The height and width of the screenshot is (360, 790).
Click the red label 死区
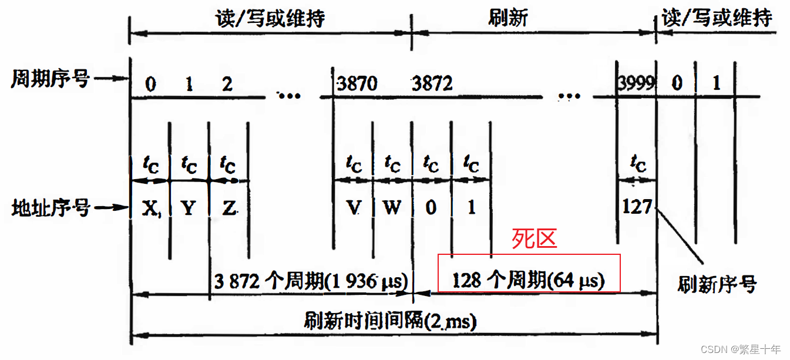tap(534, 239)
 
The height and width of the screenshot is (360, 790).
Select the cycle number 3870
tap(357, 84)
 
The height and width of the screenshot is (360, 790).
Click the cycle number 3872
tap(432, 84)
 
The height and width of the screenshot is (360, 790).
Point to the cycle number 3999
tap(637, 83)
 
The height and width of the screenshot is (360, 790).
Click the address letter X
tap(151, 208)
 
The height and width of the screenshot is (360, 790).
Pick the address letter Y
tap(189, 208)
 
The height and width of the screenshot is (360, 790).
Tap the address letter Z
tap(228, 208)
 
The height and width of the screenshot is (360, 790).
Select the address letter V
tap(353, 208)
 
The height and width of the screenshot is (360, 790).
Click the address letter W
tap(392, 208)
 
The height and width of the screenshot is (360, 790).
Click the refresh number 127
tap(637, 207)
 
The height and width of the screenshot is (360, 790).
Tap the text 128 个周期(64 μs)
tap(529, 281)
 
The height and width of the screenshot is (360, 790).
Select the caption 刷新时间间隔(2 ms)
tap(390, 321)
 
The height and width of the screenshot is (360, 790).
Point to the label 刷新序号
tap(717, 285)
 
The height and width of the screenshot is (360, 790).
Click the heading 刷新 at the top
tap(508, 18)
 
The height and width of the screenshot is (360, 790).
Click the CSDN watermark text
tap(741, 349)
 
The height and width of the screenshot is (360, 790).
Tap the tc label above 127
tap(637, 164)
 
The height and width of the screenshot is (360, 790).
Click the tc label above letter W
tap(392, 164)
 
